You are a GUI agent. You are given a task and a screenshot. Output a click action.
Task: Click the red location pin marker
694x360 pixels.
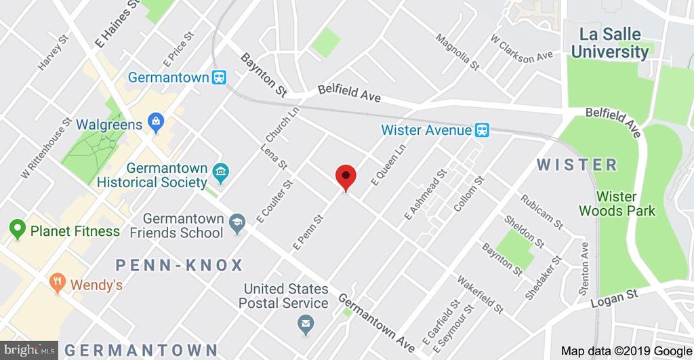click(x=346, y=177)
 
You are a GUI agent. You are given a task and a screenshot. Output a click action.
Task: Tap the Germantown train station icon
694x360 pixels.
click(x=219, y=77)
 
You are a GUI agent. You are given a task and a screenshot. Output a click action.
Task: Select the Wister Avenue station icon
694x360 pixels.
click(x=482, y=129)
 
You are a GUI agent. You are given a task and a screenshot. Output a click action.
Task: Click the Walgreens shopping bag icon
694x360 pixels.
click(x=156, y=124)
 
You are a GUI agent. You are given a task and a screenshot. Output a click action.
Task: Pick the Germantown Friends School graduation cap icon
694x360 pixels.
click(x=237, y=224)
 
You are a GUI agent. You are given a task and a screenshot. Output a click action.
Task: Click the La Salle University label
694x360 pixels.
click(x=609, y=43)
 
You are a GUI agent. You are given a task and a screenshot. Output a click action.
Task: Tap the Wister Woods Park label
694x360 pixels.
click(x=617, y=203)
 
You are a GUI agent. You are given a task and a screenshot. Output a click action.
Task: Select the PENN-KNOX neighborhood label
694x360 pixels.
click(x=180, y=264)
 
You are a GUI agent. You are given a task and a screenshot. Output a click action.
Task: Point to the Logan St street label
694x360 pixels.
click(x=614, y=298)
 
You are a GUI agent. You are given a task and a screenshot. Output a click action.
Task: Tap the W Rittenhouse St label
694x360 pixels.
click(x=46, y=149)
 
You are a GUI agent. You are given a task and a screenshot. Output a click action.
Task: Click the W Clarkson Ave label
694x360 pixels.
click(x=522, y=47)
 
